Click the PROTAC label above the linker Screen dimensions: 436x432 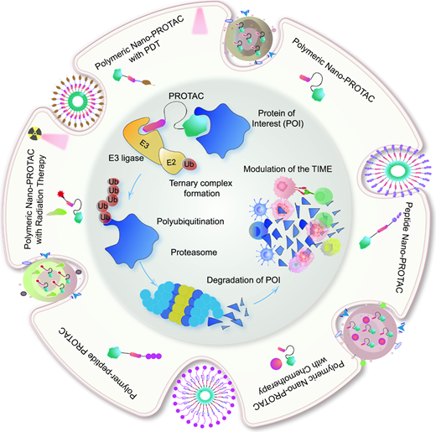click(x=186, y=96)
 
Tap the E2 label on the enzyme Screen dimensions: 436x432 click(x=171, y=162)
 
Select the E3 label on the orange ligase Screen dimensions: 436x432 click(x=144, y=144)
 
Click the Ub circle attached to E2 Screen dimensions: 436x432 click(x=189, y=164)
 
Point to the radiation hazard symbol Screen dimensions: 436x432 click(x=35, y=133)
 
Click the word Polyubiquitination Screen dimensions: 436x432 click(x=190, y=221)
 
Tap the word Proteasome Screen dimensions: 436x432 click(x=194, y=252)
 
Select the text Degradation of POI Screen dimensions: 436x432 click(x=243, y=280)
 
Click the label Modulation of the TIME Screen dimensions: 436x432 click(x=288, y=169)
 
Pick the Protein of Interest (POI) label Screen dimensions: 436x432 click(x=277, y=118)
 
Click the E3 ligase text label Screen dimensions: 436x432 click(x=126, y=159)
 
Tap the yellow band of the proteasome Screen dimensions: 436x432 click(x=181, y=303)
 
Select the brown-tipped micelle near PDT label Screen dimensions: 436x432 click(x=78, y=101)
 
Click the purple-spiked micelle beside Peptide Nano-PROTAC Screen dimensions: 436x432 click(x=397, y=170)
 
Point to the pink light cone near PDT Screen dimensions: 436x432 click(x=200, y=21)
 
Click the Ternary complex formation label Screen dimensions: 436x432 click(x=201, y=188)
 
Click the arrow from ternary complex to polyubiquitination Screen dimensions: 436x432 click(x=134, y=187)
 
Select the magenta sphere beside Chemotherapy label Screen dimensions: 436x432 click(x=276, y=363)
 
